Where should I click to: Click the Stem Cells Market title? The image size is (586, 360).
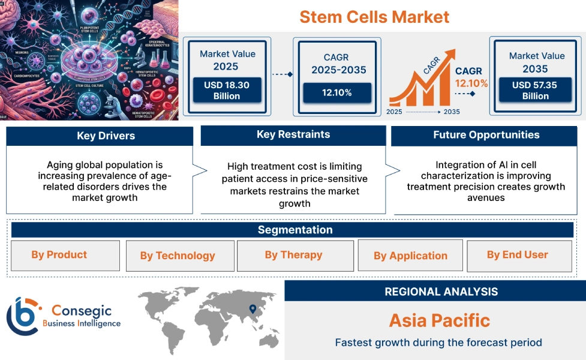point(374,16)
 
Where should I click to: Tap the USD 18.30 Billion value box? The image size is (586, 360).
point(226,91)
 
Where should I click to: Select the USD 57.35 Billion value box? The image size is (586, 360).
point(534,91)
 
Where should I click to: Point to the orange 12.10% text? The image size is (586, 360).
point(471,83)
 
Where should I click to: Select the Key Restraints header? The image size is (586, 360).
point(293,134)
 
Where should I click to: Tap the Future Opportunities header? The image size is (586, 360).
point(486,135)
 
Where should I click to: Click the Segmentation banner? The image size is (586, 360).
point(294,230)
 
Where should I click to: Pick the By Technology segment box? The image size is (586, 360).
point(178,256)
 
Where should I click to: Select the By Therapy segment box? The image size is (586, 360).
point(293,255)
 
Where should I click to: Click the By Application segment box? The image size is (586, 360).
point(410,256)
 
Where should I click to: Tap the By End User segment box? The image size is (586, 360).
point(518,255)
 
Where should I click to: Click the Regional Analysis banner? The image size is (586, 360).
point(441,292)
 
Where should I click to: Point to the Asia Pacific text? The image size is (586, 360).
point(439,320)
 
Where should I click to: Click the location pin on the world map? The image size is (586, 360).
point(252,309)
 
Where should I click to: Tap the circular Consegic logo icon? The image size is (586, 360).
point(22,316)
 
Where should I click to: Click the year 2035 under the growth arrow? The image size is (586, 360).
point(451,112)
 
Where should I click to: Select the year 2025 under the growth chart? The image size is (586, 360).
point(395,112)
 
